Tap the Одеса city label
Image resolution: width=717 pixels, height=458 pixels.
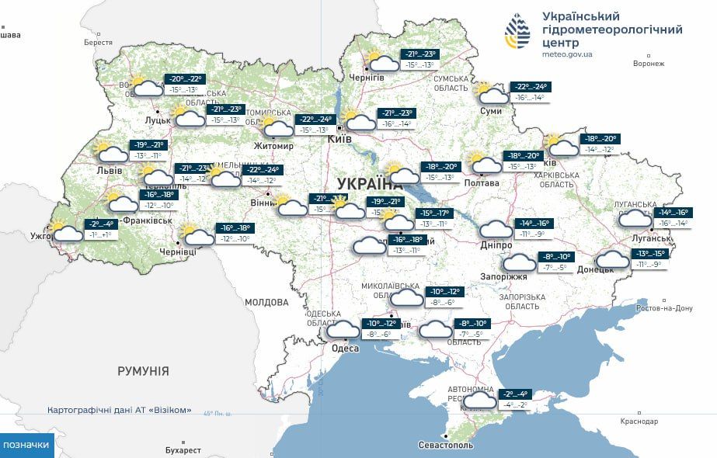[345, 348]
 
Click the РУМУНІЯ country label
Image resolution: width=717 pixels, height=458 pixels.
[143, 371]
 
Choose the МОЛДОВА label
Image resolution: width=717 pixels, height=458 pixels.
[266, 302]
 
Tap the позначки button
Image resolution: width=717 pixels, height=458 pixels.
[27, 445]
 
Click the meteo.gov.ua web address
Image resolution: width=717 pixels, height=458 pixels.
[567, 54]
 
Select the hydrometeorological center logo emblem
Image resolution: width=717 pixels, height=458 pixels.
[518, 31]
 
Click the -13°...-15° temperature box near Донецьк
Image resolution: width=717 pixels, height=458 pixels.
[651, 254]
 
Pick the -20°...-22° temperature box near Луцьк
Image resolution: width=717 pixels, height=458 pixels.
[185, 79]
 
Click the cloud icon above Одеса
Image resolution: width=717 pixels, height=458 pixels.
[343, 328]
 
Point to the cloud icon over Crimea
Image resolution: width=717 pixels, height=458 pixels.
[479, 400]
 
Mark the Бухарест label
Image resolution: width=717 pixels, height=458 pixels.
[183, 450]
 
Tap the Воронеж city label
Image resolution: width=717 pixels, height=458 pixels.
[649, 64]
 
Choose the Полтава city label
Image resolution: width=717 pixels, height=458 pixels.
[481, 182]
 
